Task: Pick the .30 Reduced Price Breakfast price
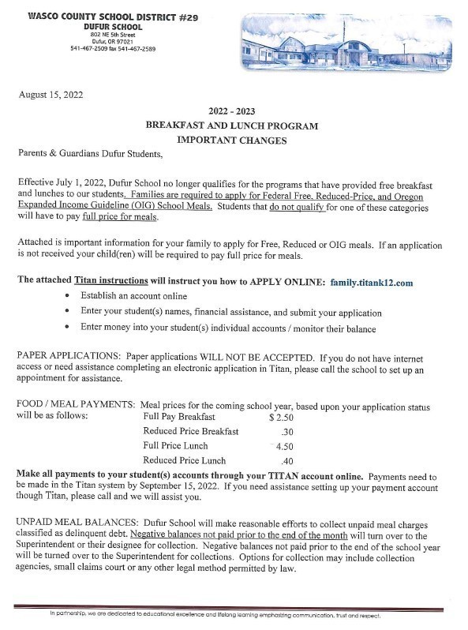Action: pos(287,432)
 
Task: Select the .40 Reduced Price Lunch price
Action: pos(287,460)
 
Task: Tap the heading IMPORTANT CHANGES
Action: pos(231,140)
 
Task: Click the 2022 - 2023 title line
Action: pos(232,111)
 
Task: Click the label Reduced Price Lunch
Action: pos(185,460)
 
